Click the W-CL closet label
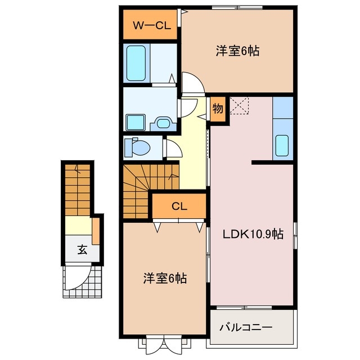coord(151,25)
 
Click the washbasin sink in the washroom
coord(164,122)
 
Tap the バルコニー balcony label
coord(245,326)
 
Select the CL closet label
coord(179,206)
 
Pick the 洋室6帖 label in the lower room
coord(164,278)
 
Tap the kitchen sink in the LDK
coord(282,146)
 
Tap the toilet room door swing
coord(171,148)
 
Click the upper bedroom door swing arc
coord(192,83)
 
